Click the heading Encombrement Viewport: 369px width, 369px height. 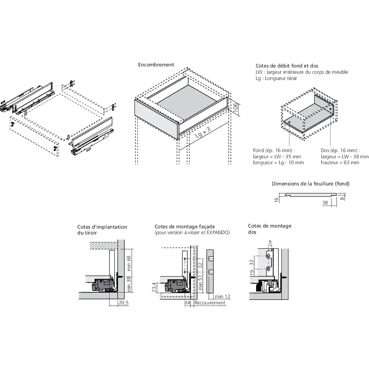pos(156,65)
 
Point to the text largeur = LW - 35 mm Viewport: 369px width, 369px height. pos(277,156)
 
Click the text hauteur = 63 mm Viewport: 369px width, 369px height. pos(340,162)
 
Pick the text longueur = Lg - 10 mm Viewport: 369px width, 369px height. pos(278,162)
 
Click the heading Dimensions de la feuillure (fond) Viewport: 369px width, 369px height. pos(310,183)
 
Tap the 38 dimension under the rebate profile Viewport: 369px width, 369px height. pos(325,203)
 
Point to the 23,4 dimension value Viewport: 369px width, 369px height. pos(155,288)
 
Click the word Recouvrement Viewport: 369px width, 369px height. pos(210,303)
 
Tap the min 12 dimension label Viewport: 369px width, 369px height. pos(223,297)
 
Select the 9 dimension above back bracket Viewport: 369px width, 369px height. pos(270,242)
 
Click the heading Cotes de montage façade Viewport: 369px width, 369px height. pos(184,227)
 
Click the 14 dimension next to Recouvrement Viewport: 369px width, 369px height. pos(188,303)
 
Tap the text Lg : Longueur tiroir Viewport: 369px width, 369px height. pos(276,78)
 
